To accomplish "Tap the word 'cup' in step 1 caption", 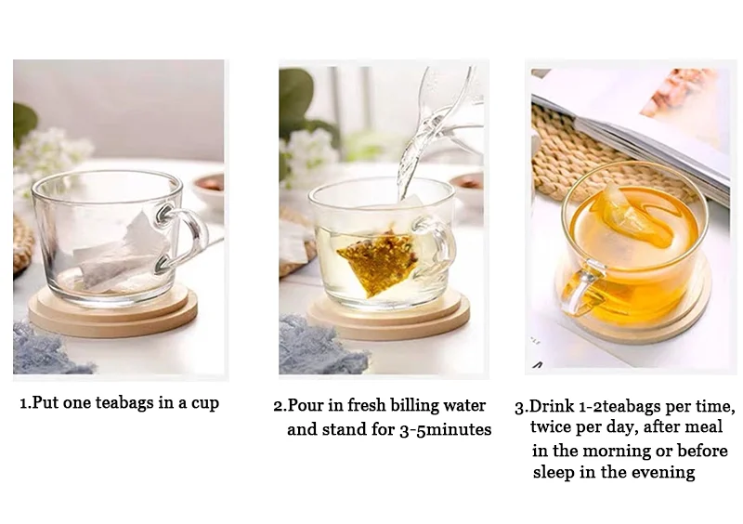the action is pos(205,404).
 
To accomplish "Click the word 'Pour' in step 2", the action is pos(305,405).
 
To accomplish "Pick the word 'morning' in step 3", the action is pos(617,450).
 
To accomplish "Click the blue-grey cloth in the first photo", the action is pos(46,348).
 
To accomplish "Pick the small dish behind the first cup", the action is pos(208,189).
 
